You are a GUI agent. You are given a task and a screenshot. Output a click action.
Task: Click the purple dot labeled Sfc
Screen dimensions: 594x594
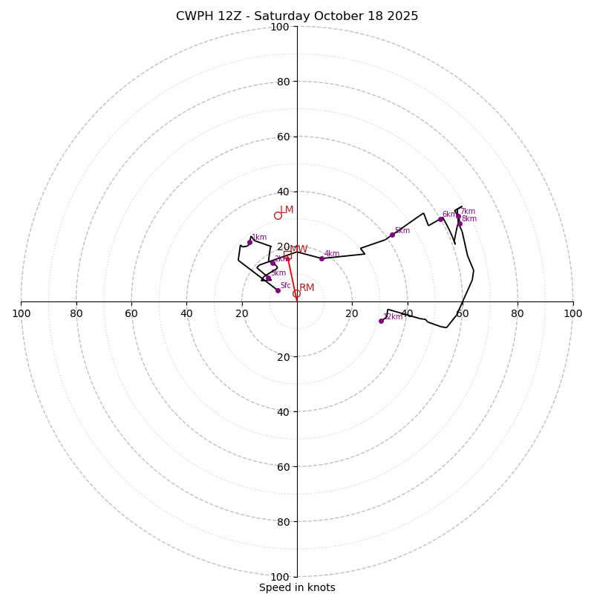(x=278, y=290)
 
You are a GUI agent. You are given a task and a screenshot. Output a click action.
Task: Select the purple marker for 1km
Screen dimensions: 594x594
(x=249, y=242)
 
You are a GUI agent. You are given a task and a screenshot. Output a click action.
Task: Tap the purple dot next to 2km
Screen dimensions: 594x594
(x=272, y=263)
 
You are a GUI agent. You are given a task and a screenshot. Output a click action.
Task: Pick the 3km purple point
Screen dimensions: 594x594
(x=268, y=278)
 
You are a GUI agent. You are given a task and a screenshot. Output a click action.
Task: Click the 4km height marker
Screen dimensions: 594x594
(x=322, y=258)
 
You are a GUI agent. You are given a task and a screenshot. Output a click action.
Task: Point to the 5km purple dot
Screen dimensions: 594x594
(x=392, y=235)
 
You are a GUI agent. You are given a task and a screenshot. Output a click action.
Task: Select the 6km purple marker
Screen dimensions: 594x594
(x=440, y=219)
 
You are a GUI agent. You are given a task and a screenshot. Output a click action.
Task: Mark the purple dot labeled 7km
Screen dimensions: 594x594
(x=458, y=216)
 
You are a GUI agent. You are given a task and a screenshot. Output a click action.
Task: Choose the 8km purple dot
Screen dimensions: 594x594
(x=460, y=223)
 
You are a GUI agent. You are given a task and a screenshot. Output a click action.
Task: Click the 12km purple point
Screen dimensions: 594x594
(x=381, y=321)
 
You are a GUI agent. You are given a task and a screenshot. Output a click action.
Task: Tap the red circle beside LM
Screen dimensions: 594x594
(x=278, y=216)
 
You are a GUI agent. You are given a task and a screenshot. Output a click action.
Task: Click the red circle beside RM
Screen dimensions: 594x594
(x=296, y=294)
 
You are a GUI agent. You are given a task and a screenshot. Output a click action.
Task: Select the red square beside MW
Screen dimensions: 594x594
(x=287, y=255)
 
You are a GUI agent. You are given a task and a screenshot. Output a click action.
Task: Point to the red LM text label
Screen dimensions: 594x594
(x=287, y=210)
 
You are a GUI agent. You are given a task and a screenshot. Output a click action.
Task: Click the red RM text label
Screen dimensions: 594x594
(x=307, y=288)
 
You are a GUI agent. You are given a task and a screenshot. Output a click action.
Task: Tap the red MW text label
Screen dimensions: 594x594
(x=298, y=249)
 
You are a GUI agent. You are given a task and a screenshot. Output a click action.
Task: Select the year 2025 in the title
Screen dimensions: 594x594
(x=401, y=16)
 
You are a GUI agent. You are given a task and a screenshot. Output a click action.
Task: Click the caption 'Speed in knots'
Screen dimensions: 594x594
(x=297, y=587)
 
